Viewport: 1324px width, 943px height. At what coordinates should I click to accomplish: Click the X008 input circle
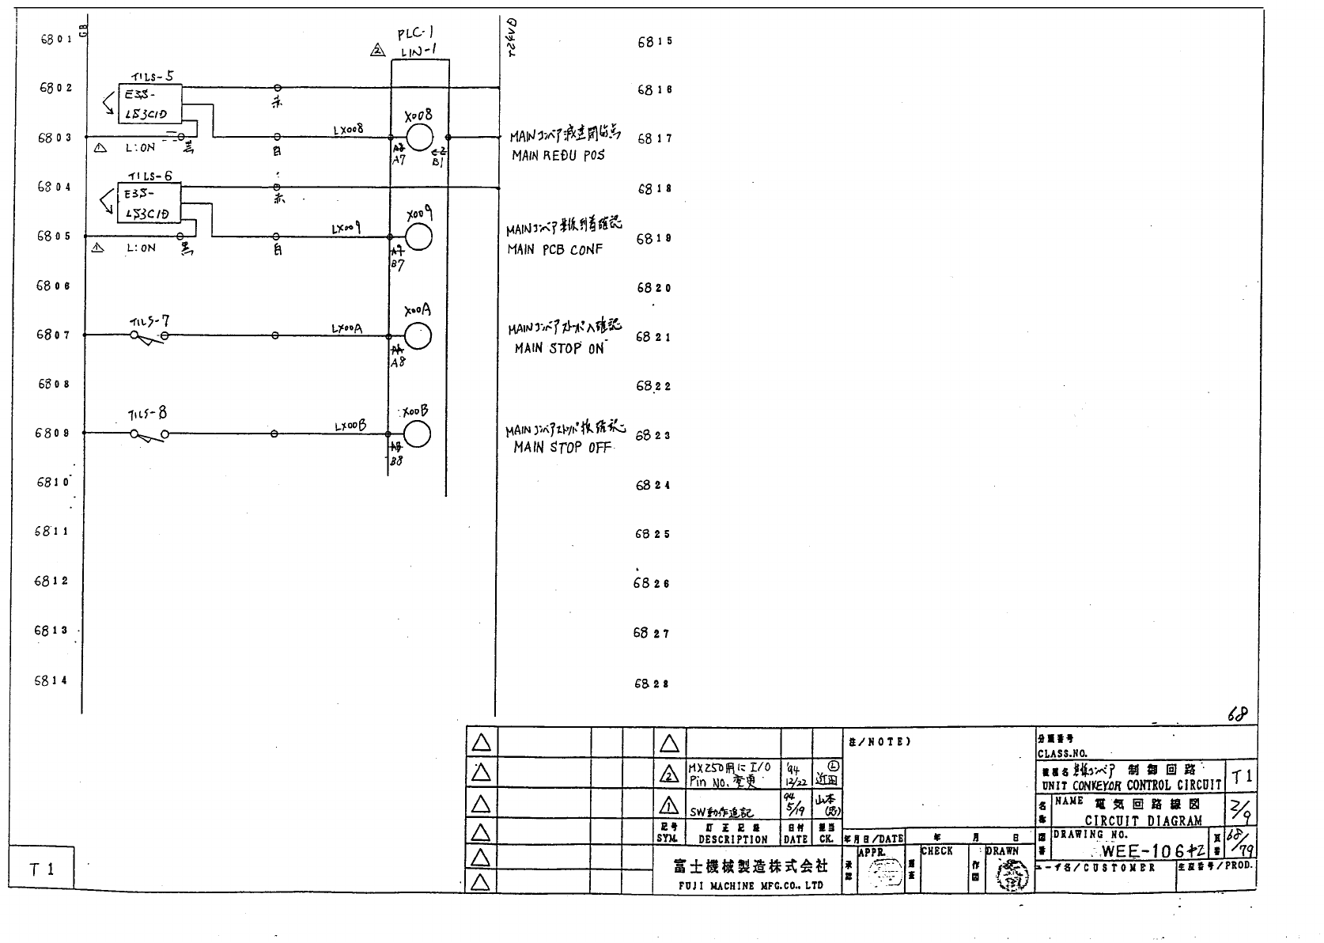(x=418, y=137)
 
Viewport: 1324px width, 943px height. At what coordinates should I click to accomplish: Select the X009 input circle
(x=418, y=237)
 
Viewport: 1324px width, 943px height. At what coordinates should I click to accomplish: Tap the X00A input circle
(x=418, y=336)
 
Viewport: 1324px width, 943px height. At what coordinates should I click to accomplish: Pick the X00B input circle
(x=417, y=434)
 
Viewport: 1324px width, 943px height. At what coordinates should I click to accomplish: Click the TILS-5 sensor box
(x=149, y=104)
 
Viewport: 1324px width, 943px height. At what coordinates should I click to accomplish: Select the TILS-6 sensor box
(x=149, y=203)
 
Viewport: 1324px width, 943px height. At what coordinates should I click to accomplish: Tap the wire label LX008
(x=348, y=129)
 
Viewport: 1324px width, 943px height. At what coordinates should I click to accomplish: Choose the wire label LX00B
(x=350, y=426)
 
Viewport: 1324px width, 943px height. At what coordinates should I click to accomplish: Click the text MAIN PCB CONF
(x=554, y=250)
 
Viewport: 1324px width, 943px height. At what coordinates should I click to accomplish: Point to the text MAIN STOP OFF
(x=562, y=448)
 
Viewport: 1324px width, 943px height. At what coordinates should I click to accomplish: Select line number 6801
(x=55, y=39)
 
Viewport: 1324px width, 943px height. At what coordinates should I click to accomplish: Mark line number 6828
(x=653, y=684)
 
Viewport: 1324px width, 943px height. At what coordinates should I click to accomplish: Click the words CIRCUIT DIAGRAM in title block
(x=1143, y=821)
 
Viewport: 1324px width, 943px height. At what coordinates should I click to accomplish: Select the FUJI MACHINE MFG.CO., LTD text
(x=750, y=886)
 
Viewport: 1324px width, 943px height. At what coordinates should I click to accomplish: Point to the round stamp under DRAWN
(x=1009, y=875)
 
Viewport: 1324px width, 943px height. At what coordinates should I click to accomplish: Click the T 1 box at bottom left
(x=42, y=869)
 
